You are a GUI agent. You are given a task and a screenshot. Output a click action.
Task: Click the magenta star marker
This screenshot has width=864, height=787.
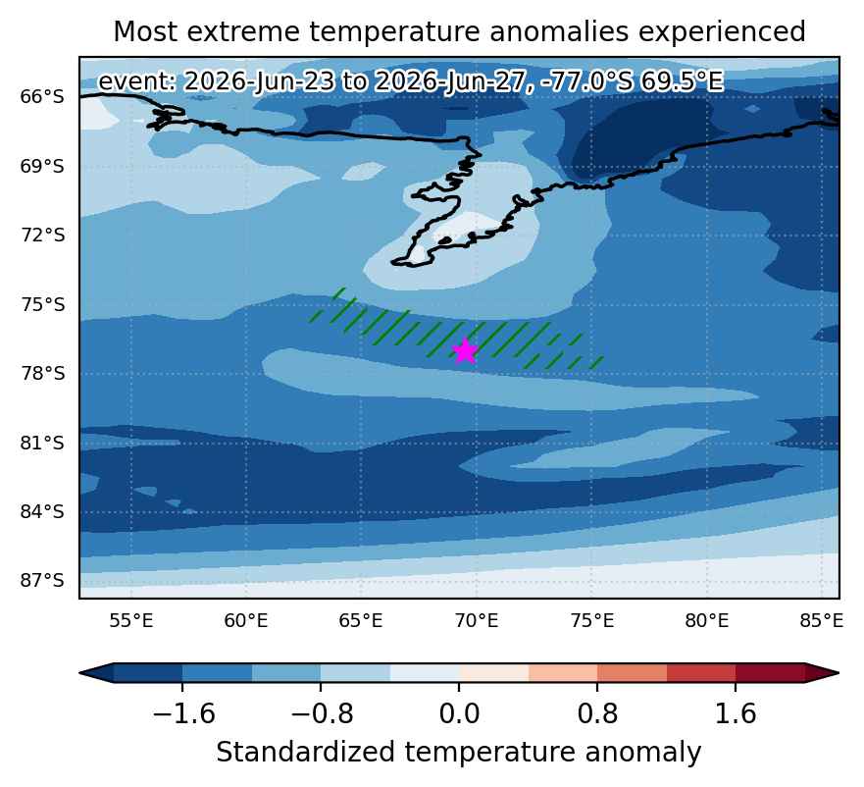pyautogui.click(x=465, y=350)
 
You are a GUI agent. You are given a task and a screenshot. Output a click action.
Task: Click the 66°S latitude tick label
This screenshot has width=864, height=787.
pyautogui.click(x=42, y=96)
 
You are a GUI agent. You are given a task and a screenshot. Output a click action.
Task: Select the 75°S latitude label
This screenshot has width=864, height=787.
pyautogui.click(x=42, y=304)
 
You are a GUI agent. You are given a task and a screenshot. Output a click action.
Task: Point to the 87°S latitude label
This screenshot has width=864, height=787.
pyautogui.click(x=42, y=581)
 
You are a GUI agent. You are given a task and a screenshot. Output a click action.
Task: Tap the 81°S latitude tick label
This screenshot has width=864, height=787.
pyautogui.click(x=42, y=443)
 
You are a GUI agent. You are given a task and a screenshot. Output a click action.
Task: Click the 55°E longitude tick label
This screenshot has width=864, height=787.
pyautogui.click(x=131, y=621)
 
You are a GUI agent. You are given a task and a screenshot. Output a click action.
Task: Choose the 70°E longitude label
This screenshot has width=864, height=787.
pyautogui.click(x=476, y=621)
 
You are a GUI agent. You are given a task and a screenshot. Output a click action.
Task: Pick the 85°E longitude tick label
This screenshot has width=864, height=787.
pyautogui.click(x=821, y=621)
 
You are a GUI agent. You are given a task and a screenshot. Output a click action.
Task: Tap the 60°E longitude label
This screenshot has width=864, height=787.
pyautogui.click(x=246, y=621)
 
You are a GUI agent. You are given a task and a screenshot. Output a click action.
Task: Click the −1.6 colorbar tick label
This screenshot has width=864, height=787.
pyautogui.click(x=183, y=714)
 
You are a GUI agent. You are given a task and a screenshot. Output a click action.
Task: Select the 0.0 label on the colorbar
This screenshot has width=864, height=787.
pyautogui.click(x=459, y=714)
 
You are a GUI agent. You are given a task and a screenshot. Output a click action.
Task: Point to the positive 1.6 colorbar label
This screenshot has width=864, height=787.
pyautogui.click(x=736, y=714)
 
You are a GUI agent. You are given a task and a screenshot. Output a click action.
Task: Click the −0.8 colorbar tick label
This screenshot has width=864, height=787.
pyautogui.click(x=322, y=714)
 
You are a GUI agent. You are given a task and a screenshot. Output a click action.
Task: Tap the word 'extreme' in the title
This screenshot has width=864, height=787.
pyautogui.click(x=243, y=31)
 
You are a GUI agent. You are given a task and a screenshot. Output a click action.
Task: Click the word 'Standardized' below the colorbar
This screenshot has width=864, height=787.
pyautogui.click(x=305, y=753)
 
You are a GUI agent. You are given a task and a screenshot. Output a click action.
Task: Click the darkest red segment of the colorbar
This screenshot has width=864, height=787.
pyautogui.click(x=770, y=673)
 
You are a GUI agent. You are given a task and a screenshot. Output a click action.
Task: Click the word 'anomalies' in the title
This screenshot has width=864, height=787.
pyautogui.click(x=559, y=31)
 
